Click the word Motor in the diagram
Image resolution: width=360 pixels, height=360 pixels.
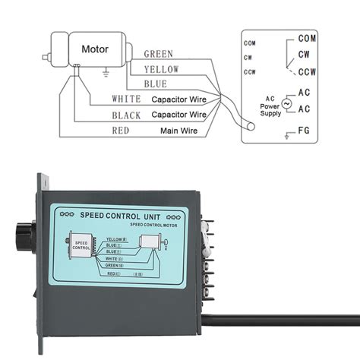pos(95,49)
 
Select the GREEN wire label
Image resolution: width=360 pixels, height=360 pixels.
pos(158,55)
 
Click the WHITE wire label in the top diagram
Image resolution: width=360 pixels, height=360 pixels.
pos(126,99)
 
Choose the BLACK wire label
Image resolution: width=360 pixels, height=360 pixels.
pos(126,115)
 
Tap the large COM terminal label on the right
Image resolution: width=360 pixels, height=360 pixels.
pos(308,38)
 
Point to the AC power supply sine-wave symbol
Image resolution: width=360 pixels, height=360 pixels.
pos(286,103)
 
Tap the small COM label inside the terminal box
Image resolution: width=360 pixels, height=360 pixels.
pos(250,43)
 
